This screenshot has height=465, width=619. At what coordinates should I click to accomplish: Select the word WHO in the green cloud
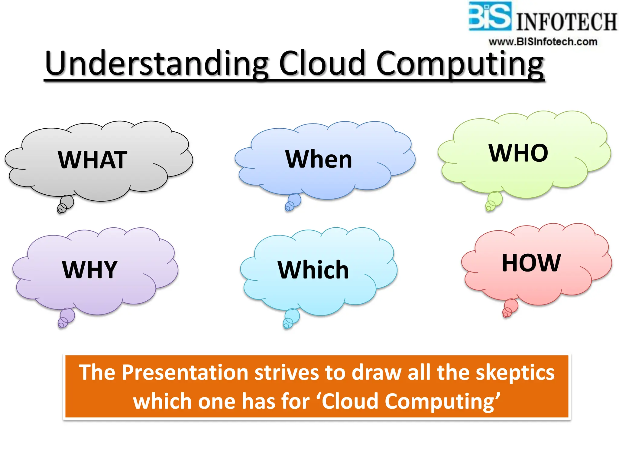[518, 153]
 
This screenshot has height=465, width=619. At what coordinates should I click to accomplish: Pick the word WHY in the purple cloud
[90, 269]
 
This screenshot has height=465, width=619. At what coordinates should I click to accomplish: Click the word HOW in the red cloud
[531, 263]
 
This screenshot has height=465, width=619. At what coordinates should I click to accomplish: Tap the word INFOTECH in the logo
[566, 22]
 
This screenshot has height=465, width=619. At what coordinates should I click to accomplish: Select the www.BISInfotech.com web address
[543, 42]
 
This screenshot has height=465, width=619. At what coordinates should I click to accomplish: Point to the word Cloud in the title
[322, 64]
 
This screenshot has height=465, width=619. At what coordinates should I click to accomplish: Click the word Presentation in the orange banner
[185, 372]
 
